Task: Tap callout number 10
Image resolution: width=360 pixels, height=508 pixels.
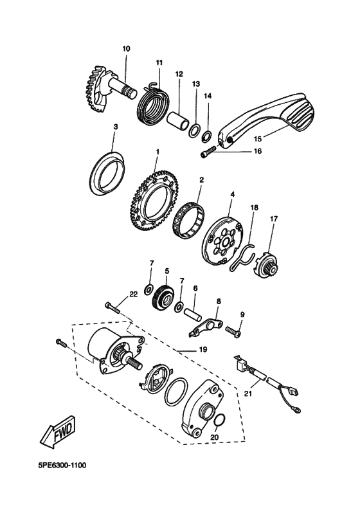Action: (x=125, y=48)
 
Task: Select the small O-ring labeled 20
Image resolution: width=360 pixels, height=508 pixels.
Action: (x=219, y=421)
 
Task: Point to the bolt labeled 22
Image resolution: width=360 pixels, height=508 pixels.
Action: (x=114, y=308)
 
